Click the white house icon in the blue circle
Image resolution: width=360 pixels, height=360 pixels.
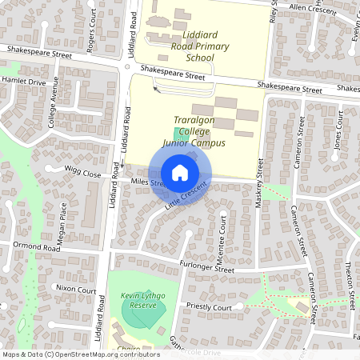[179, 173]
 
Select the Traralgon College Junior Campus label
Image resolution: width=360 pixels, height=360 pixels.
[193, 136]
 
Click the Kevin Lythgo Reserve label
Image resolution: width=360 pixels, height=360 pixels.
[142, 301]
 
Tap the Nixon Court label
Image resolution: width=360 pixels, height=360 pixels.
[76, 290]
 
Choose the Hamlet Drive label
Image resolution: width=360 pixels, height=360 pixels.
[23, 82]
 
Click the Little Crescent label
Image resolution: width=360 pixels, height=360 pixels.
[186, 196]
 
